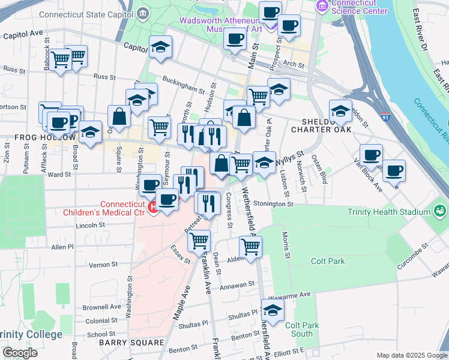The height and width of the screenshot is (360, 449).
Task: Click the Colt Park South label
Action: tap(299, 329)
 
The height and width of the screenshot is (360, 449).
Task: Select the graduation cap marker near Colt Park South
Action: tap(273, 310)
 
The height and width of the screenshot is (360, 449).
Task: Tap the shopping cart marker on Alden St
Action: tap(250, 246)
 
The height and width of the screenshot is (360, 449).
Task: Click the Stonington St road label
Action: tap(273, 204)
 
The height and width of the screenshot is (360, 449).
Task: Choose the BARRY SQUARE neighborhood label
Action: tap(131, 343)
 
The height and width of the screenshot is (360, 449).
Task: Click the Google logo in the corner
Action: tap(20, 353)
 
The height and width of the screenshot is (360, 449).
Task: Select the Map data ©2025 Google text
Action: tap(411, 355)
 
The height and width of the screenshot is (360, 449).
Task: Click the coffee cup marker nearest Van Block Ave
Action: tap(394, 171)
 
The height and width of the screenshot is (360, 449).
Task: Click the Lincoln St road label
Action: tap(91, 226)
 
